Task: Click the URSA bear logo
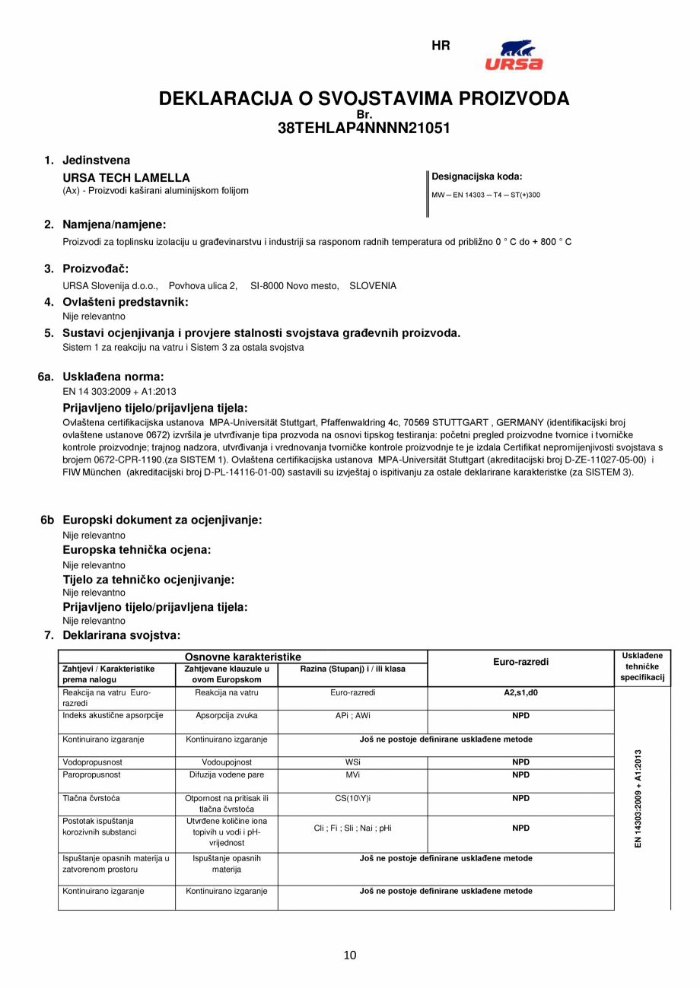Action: coord(514,56)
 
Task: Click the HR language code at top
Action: coord(441,46)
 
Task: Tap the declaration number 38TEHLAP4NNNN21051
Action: coord(364,129)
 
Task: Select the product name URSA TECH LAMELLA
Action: coord(126,177)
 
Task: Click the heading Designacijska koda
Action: coord(476,176)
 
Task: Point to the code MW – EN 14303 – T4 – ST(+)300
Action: coord(485,195)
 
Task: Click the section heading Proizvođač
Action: coord(95,269)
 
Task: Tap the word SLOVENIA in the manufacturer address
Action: coord(373,286)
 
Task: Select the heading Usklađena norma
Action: coord(113,376)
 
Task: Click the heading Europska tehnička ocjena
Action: coord(136,549)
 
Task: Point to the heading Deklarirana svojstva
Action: coord(121,634)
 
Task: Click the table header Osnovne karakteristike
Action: coord(243,657)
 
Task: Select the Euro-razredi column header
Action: coord(520,662)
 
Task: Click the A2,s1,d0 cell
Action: coord(520,693)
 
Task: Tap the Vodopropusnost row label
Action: coord(92,762)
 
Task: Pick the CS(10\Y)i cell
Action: coord(352,798)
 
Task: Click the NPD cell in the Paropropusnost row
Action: coord(520,774)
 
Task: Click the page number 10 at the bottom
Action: coord(350,956)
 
